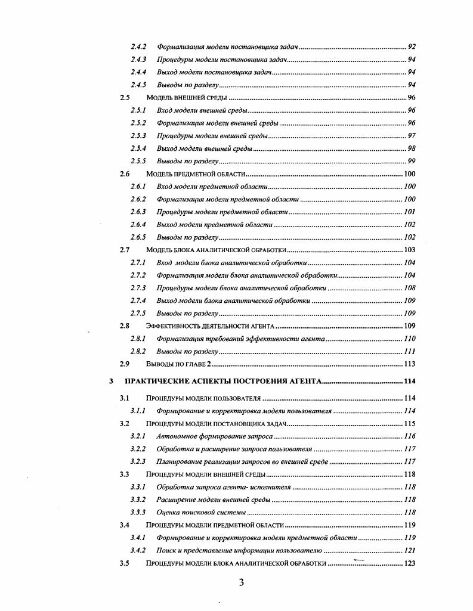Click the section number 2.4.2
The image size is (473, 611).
tap(139, 46)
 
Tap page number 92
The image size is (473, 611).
tap(412, 46)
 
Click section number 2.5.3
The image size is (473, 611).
tap(139, 135)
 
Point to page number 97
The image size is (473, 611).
tap(412, 135)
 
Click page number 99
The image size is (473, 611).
tap(412, 161)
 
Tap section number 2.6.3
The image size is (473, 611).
tap(139, 212)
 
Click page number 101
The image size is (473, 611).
tap(410, 212)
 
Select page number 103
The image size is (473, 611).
tap(410, 250)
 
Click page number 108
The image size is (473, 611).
tap(410, 288)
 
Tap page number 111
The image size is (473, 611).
tap(410, 351)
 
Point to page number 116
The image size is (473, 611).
tap(410, 436)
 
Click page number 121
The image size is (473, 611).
tap(410, 551)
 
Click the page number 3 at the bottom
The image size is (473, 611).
tap(241, 582)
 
